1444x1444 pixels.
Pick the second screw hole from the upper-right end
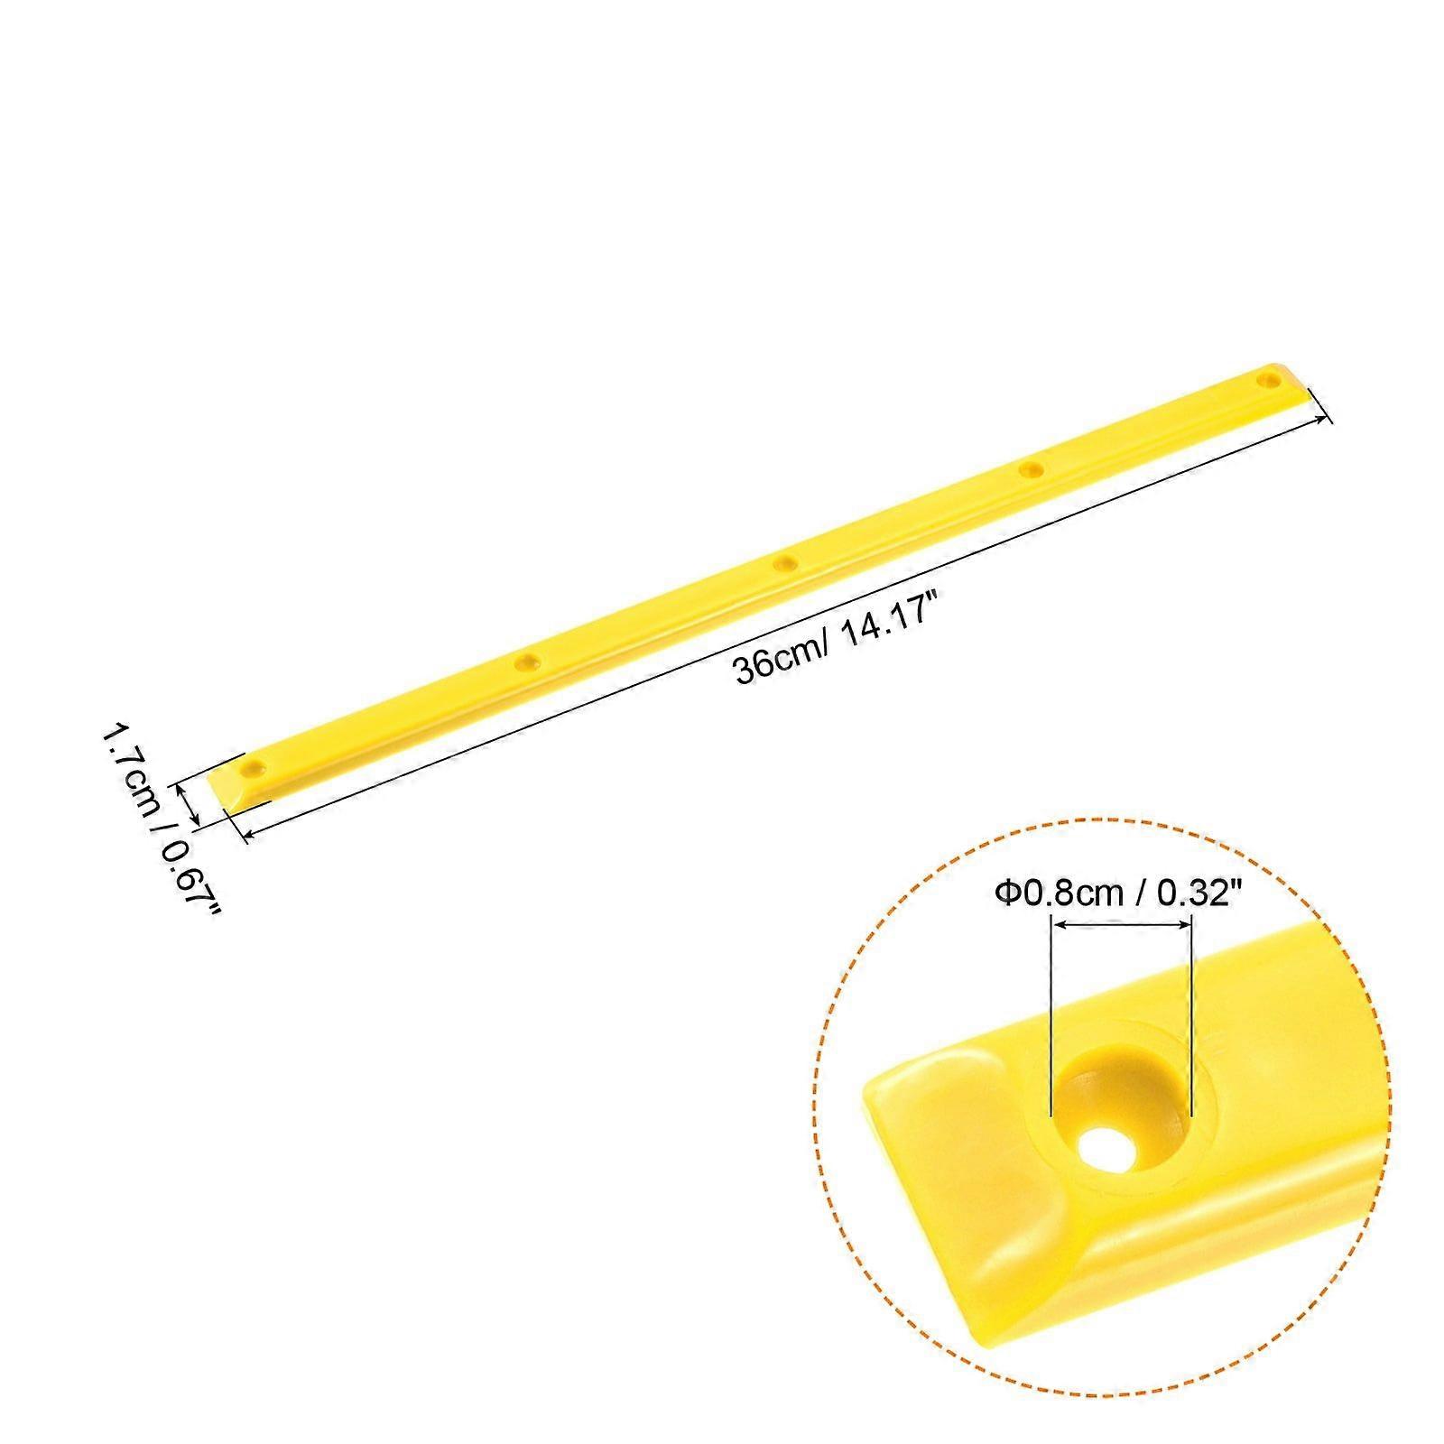tap(1031, 468)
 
